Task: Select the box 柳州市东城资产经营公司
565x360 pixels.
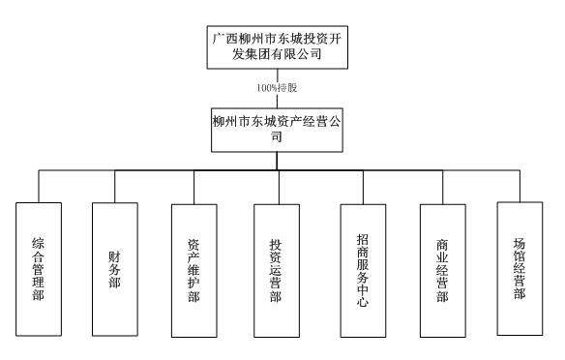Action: [x=279, y=130]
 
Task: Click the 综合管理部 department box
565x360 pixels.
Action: [x=39, y=268]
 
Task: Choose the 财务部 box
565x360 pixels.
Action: [x=114, y=267]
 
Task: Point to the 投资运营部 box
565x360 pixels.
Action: [x=277, y=268]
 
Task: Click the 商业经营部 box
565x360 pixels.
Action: [x=442, y=268]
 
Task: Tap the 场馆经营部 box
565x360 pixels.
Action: [x=519, y=265]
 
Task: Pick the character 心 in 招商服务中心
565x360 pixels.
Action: [x=363, y=299]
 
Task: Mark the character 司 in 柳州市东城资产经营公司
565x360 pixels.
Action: [x=279, y=137]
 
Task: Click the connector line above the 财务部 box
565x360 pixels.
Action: [x=114, y=187]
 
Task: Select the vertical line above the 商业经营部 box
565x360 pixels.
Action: [x=442, y=187]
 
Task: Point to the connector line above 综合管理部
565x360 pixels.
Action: [x=39, y=187]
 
